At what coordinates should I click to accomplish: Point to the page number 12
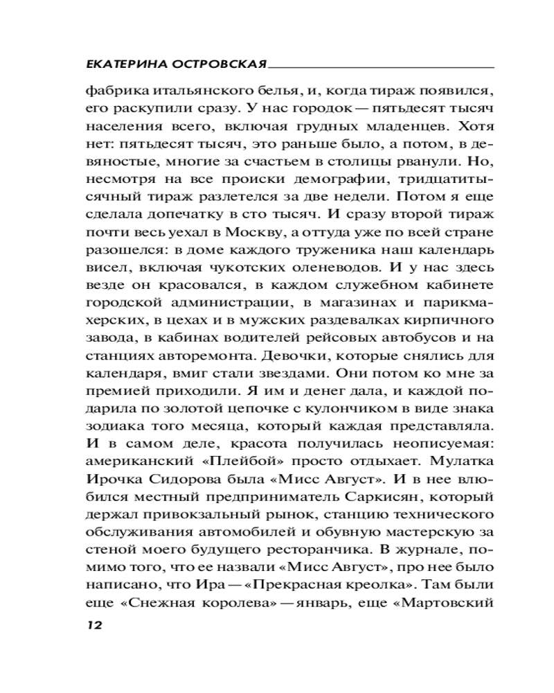(x=93, y=624)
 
